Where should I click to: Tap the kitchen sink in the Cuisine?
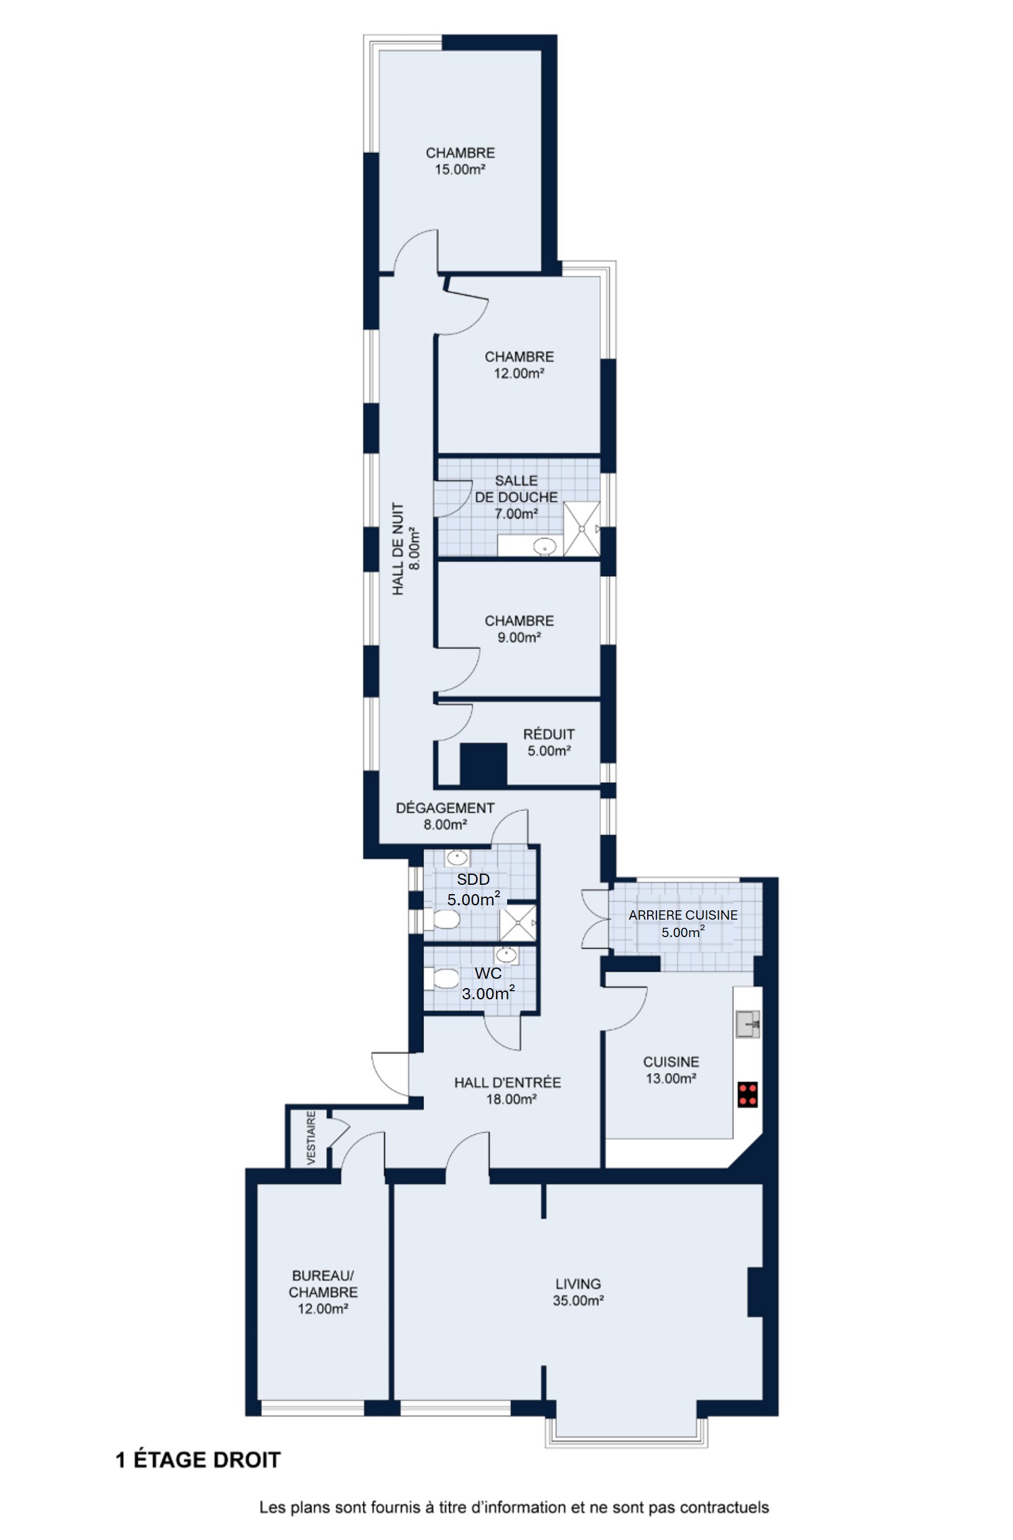[x=747, y=1024]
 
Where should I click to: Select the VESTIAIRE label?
[x=311, y=1138]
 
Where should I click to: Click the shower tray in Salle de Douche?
[x=582, y=529]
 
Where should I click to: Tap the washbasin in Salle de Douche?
[x=545, y=547]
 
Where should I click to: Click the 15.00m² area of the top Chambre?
[x=460, y=169]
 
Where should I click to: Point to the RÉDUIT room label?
[x=549, y=734]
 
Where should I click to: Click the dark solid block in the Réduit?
[x=483, y=764]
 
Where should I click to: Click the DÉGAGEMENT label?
[x=445, y=808]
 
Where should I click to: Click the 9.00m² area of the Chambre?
[x=520, y=637]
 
